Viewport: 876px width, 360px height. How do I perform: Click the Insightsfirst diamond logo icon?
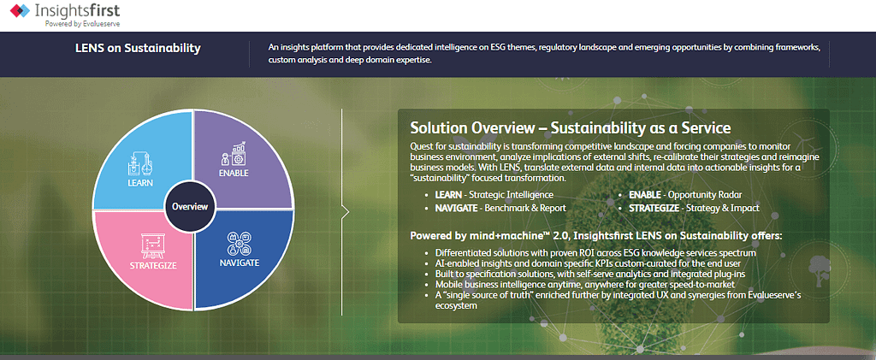(x=21, y=10)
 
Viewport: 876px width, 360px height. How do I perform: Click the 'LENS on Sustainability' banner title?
(x=138, y=49)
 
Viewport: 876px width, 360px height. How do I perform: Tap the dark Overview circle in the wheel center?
(x=190, y=207)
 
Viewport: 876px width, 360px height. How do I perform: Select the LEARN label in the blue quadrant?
(x=139, y=183)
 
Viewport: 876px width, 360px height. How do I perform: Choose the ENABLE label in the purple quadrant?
(x=234, y=173)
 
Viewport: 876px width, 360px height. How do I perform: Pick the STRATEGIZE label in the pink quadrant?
(x=153, y=266)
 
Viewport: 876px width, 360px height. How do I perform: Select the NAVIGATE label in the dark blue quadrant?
(x=240, y=263)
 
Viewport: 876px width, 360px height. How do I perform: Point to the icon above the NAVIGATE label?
(x=238, y=243)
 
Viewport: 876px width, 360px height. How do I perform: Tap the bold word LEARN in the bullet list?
(x=448, y=195)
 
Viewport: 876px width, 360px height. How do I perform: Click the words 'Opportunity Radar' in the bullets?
(x=705, y=195)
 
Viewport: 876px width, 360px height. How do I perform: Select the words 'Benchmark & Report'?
(x=525, y=208)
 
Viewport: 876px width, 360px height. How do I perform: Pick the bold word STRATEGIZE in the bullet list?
(x=653, y=208)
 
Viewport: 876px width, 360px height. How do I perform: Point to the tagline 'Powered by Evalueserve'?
(x=83, y=23)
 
